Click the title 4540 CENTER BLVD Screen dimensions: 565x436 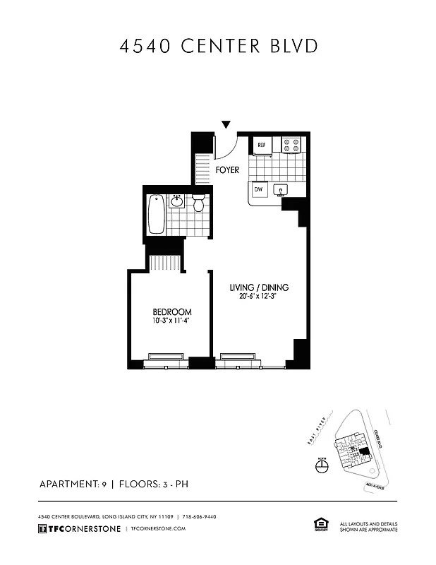pyautogui.click(x=218, y=47)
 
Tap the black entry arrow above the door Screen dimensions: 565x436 pyautogui.click(x=226, y=125)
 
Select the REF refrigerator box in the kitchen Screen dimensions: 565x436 pyautogui.click(x=261, y=145)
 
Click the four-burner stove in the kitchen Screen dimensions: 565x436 pyautogui.click(x=291, y=144)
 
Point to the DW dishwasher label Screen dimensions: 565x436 pyautogui.click(x=258, y=189)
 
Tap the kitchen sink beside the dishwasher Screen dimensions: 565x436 pyautogui.click(x=281, y=190)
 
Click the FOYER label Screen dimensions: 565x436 pyautogui.click(x=227, y=170)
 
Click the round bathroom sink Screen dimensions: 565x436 pyautogui.click(x=178, y=203)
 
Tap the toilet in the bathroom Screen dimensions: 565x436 pyautogui.click(x=198, y=203)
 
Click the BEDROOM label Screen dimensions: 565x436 pyautogui.click(x=172, y=312)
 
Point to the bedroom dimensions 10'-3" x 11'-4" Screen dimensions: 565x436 pyautogui.click(x=172, y=321)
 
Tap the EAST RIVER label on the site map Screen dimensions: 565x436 pyautogui.click(x=318, y=433)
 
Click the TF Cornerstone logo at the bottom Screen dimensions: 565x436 pyautogui.click(x=78, y=528)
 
